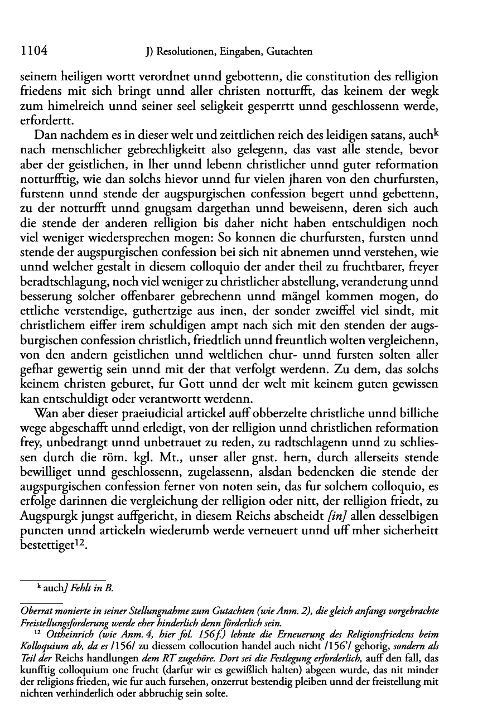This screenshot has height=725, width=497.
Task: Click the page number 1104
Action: (32, 52)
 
